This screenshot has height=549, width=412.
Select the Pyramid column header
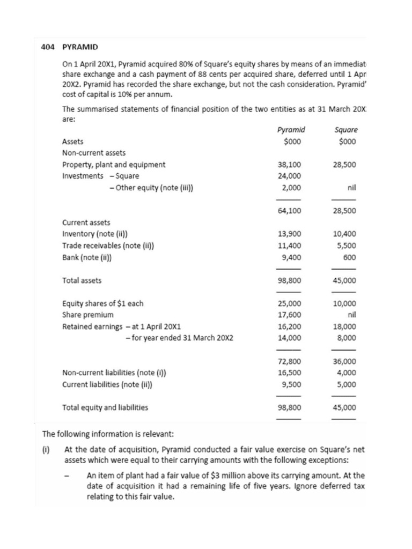coord(291,130)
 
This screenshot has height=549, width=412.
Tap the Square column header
coord(346,130)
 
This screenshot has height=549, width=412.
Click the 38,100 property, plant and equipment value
coord(290,165)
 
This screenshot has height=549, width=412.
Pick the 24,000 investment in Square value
coord(290,176)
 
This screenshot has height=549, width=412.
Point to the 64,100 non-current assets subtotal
coord(290,211)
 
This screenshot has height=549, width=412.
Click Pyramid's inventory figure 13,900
coord(290,234)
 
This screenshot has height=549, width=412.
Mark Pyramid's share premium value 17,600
coord(290,315)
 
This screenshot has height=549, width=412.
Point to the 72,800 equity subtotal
coord(290,361)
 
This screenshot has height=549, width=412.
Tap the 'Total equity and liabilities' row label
coord(106,407)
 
